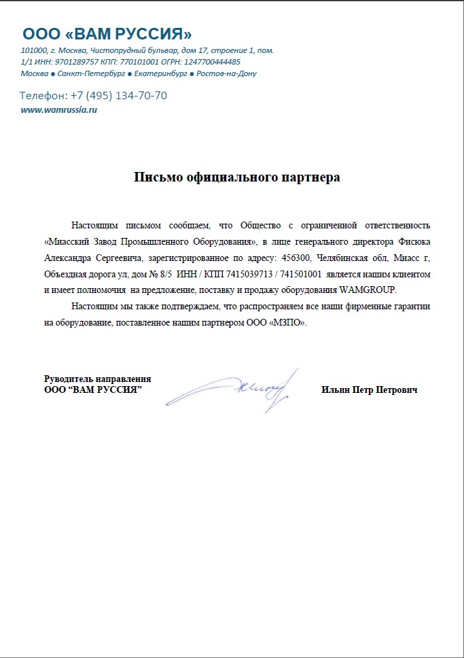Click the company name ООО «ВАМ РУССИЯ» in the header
tap(107, 34)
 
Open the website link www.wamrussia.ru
tap(59, 110)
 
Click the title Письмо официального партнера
tap(236, 178)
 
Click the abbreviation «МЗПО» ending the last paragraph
tap(288, 323)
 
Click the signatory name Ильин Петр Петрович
tap(369, 390)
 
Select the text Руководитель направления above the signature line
tap(98, 379)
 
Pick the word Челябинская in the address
tap(344, 258)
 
